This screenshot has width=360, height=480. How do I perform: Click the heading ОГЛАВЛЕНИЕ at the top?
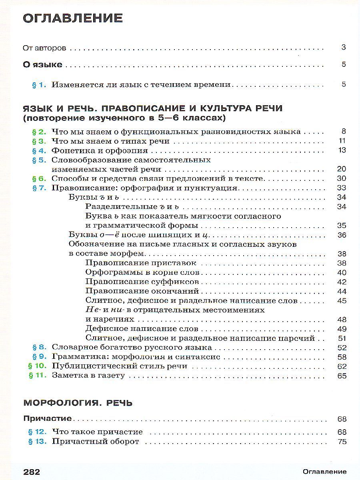click(x=73, y=18)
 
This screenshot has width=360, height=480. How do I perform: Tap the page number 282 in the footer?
click(x=32, y=472)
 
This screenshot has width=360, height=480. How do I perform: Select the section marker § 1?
click(x=39, y=84)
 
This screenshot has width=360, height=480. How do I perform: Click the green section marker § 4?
click(x=39, y=150)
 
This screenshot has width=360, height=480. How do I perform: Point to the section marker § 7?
click(x=39, y=188)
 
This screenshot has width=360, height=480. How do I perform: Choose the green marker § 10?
click(x=37, y=366)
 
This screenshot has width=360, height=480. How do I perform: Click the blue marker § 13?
click(x=37, y=442)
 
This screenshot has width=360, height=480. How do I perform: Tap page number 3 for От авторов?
click(x=343, y=48)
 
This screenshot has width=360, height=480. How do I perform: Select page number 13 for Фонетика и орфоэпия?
click(x=342, y=150)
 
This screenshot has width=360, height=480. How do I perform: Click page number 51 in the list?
click(x=342, y=338)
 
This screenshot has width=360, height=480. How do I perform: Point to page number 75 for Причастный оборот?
click(x=342, y=442)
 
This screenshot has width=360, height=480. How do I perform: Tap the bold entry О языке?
click(x=42, y=64)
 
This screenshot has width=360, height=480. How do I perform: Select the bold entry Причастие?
click(x=47, y=419)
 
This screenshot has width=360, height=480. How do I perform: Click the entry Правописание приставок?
click(x=141, y=263)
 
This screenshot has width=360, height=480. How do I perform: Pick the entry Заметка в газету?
click(x=88, y=376)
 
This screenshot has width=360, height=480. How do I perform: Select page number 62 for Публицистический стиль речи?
click(x=342, y=366)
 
